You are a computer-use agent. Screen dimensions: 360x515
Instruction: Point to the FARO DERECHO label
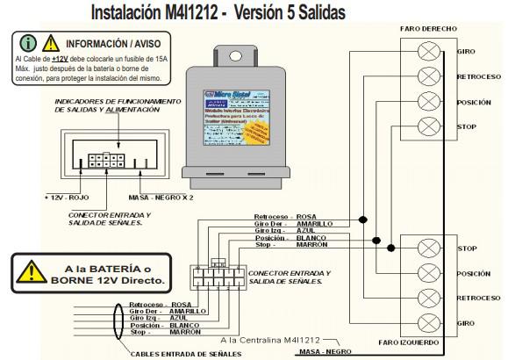click(428, 29)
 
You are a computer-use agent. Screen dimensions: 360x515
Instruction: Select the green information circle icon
click(28, 43)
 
